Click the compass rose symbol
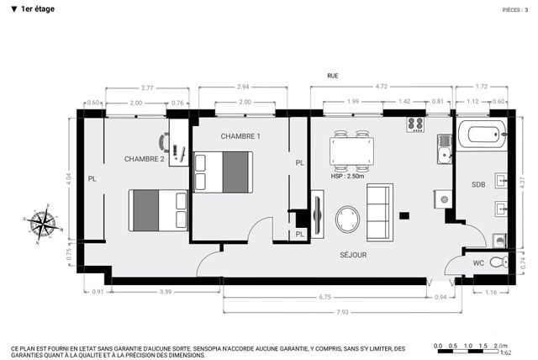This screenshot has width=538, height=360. pos(41,225)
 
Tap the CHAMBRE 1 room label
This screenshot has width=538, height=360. pos(240,136)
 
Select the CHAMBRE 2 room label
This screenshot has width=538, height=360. pos(144,159)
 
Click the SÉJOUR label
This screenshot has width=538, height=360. pos(353,255)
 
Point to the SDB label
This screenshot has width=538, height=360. pos(478,184)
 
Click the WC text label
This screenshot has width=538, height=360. pos(477,263)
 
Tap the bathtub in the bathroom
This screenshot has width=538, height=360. pos(482,133)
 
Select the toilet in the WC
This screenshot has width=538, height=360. pos(498,262)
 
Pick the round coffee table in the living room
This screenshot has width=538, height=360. pos(350,220)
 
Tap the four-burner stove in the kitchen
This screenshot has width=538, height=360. pos(415,124)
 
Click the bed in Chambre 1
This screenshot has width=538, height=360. pos(223,172)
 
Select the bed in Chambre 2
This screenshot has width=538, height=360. pos(158,209)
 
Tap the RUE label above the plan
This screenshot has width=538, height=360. pos(333,76)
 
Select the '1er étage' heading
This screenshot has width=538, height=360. pos(34,8)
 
